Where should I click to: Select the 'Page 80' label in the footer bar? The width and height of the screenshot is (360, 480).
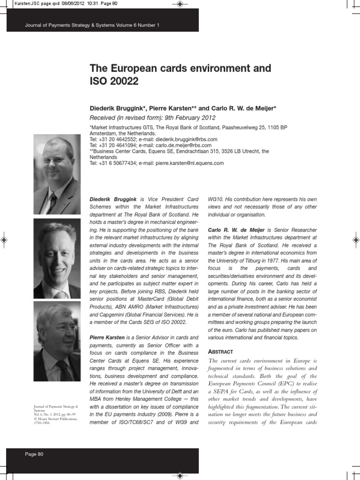click(34, 454)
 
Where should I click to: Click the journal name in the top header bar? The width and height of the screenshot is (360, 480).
click(92, 25)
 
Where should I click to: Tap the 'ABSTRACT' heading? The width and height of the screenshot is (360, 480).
click(220, 352)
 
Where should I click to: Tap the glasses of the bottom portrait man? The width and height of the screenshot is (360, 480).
click(61, 328)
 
